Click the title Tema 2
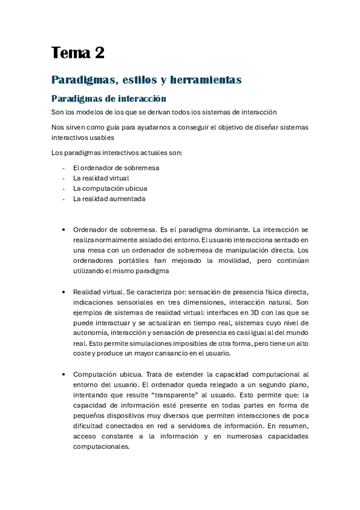click(x=78, y=53)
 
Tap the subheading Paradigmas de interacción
click(x=108, y=99)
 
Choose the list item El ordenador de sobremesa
click(x=116, y=168)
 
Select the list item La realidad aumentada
click(x=109, y=198)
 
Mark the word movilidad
click(x=231, y=260)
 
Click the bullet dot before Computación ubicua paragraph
click(x=64, y=374)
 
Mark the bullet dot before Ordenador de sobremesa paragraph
click(x=64, y=230)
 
